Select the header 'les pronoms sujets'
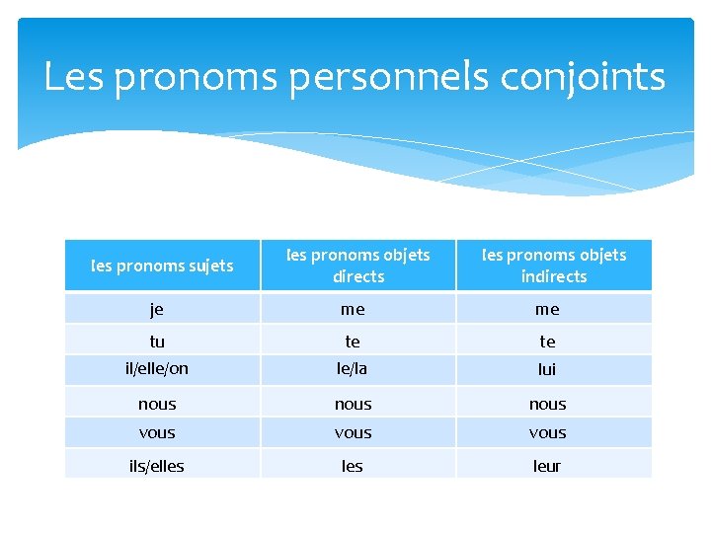point(162,266)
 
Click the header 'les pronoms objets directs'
point(357,266)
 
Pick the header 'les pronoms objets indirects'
point(553,266)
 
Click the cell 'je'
point(157,309)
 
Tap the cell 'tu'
point(157,342)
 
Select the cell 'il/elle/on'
point(157,369)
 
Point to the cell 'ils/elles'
point(157,466)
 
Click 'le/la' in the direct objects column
point(353,369)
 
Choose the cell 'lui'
point(547,369)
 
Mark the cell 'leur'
point(547,466)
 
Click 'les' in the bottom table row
point(353,466)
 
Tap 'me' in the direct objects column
point(353,309)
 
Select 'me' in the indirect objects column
point(547,309)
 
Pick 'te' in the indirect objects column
point(547,342)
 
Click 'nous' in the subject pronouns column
point(157,404)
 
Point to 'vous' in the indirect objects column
point(547,432)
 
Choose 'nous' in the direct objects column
point(353,404)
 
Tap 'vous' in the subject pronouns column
point(157,432)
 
